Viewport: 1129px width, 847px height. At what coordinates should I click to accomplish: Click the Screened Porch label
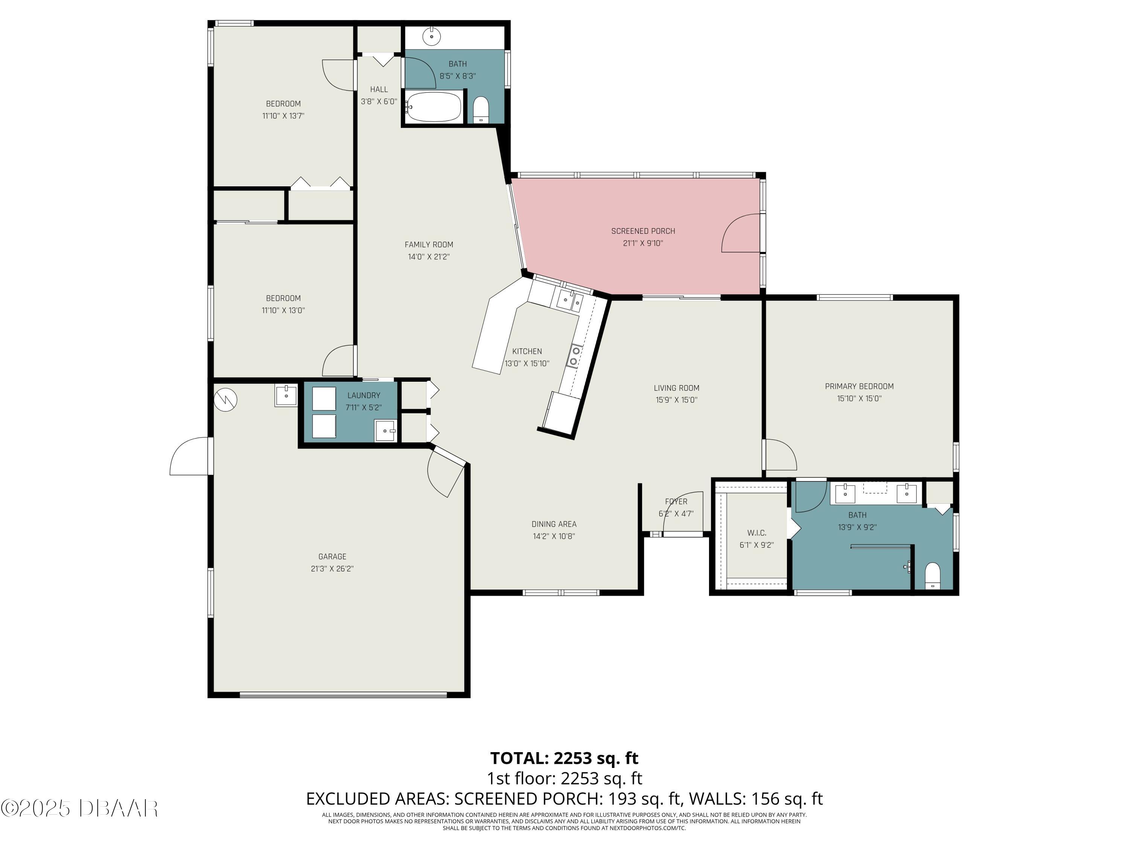643,231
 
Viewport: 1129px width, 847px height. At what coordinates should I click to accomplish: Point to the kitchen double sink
570,300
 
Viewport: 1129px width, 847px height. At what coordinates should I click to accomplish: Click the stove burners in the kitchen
575,356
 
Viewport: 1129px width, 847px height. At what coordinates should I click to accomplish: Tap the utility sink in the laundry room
385,430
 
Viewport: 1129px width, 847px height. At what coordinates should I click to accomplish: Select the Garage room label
332,556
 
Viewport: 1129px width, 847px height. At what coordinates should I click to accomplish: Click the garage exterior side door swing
189,456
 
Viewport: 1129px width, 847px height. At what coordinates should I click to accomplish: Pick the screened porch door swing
740,234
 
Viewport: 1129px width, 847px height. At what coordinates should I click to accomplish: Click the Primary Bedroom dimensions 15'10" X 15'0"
859,399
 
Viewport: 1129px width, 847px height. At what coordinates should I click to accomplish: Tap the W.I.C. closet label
756,533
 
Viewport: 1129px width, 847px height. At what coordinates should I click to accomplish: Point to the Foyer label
676,501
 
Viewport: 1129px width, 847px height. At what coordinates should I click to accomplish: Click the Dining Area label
554,524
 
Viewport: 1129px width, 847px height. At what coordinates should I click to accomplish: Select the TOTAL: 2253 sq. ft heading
564,758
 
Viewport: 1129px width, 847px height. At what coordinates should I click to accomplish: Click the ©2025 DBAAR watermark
79,808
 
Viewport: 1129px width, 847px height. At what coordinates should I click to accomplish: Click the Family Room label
429,245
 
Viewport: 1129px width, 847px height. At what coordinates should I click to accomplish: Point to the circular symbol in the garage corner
225,400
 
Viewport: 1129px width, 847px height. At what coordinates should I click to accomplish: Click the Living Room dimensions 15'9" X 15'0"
676,400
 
